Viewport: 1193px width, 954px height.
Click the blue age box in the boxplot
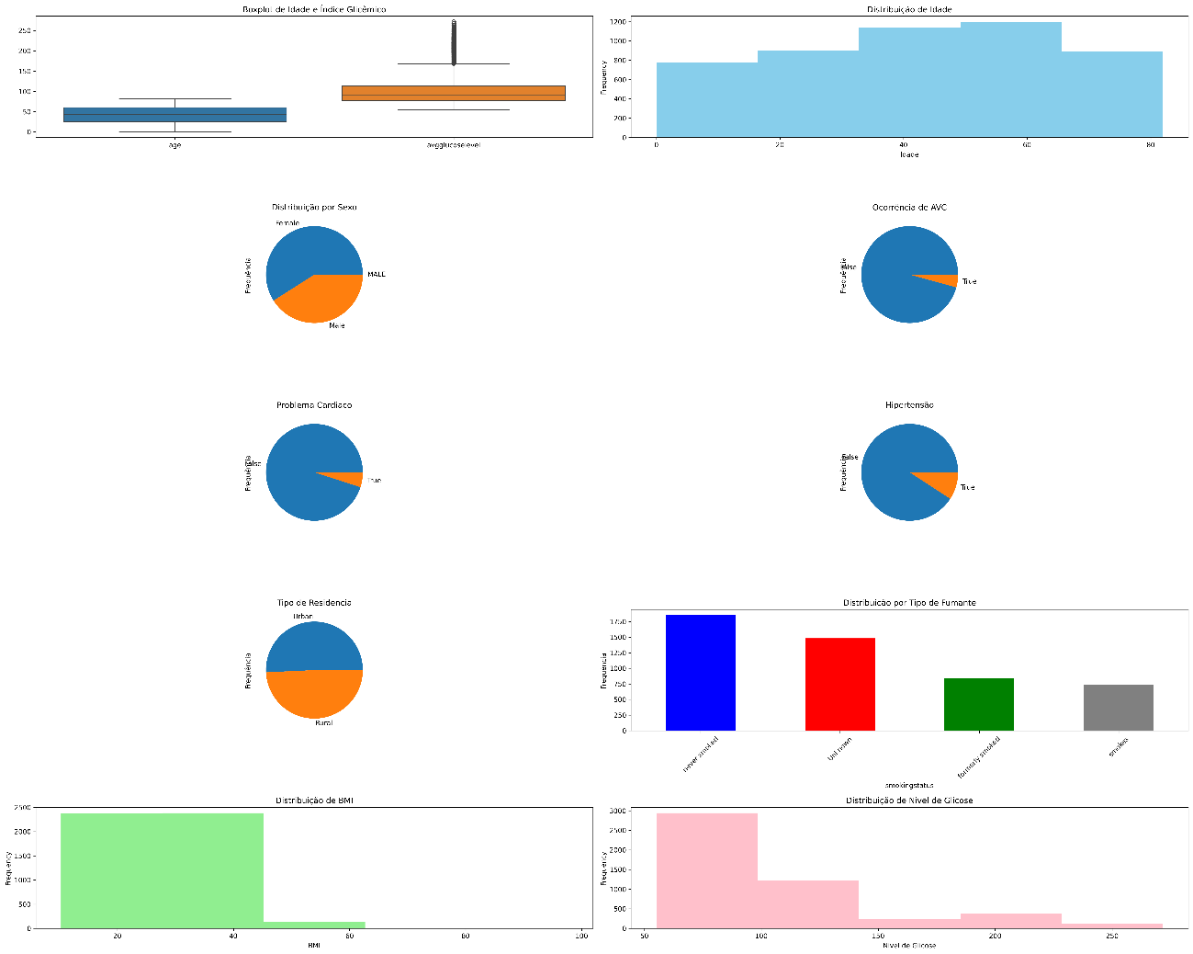click(174, 115)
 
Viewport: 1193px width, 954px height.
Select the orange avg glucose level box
click(453, 93)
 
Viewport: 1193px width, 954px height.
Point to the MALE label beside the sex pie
click(377, 274)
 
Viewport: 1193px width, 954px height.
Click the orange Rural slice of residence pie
click(314, 694)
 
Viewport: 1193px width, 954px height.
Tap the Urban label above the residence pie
click(303, 616)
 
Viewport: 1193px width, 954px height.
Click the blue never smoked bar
click(700, 673)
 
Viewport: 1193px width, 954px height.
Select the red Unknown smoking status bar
click(839, 684)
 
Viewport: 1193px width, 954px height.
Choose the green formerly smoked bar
click(978, 704)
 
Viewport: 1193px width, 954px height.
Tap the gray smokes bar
click(1118, 708)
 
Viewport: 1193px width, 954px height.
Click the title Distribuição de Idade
click(909, 9)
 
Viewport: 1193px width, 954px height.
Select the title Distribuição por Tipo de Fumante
click(909, 602)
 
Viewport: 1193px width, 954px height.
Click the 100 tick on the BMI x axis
click(581, 937)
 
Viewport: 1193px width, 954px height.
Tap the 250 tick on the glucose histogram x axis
click(1112, 937)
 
